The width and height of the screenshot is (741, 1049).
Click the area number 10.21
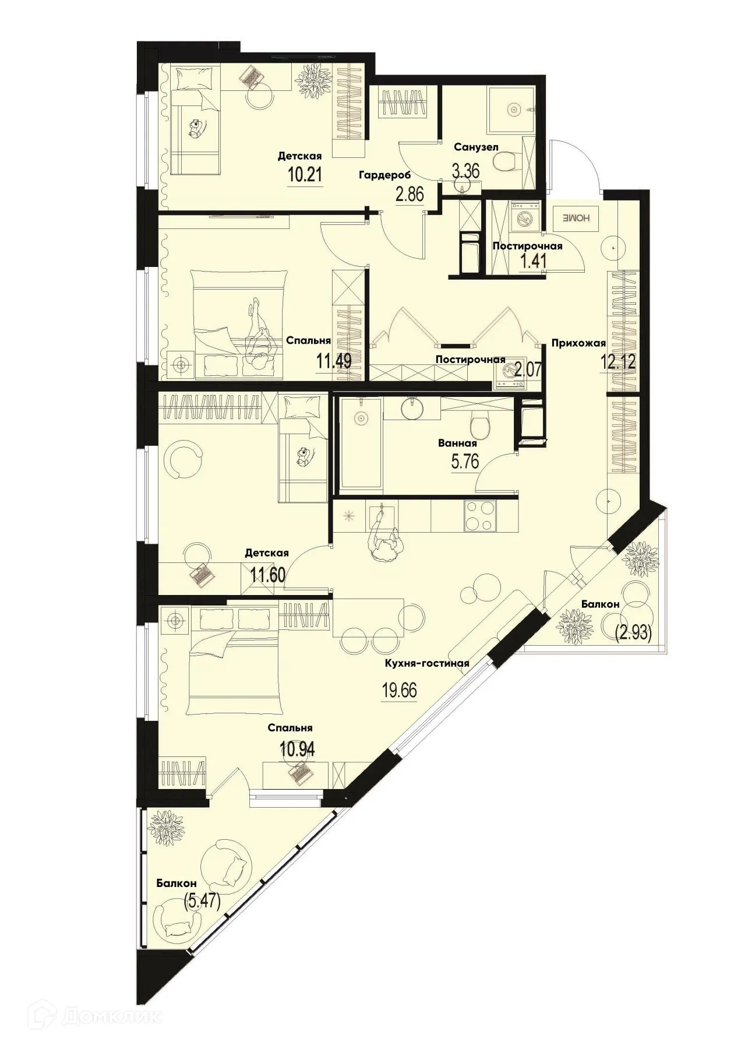(x=305, y=174)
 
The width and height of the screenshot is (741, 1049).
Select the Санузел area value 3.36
(x=466, y=170)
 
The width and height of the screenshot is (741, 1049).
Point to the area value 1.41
(x=532, y=261)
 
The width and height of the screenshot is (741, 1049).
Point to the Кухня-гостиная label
(x=426, y=663)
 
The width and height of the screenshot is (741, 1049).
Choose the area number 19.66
(x=399, y=691)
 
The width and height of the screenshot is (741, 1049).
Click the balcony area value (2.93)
(x=633, y=632)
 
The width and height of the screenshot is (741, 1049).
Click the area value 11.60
(x=267, y=576)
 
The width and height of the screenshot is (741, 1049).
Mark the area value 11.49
(x=333, y=361)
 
